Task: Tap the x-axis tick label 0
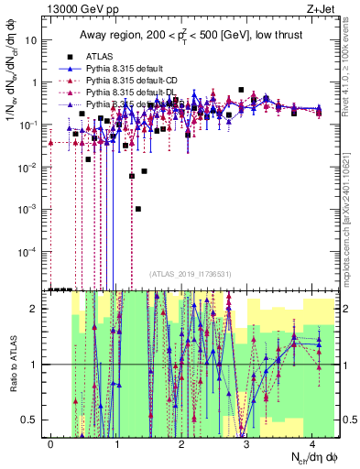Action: click(50, 443)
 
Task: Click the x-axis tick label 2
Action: click(182, 443)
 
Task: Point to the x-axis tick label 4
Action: click(313, 443)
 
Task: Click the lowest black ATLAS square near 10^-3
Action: click(138, 209)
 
